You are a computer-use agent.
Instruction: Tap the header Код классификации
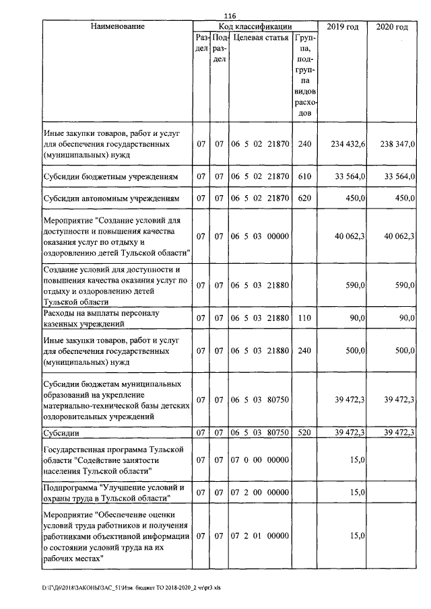(255, 26)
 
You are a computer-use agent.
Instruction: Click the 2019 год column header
(343, 26)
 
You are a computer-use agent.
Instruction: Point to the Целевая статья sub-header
(261, 38)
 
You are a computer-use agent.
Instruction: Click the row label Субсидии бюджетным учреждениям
(110, 176)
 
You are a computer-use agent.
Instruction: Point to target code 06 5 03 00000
(260, 236)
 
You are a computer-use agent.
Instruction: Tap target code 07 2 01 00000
(260, 536)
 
